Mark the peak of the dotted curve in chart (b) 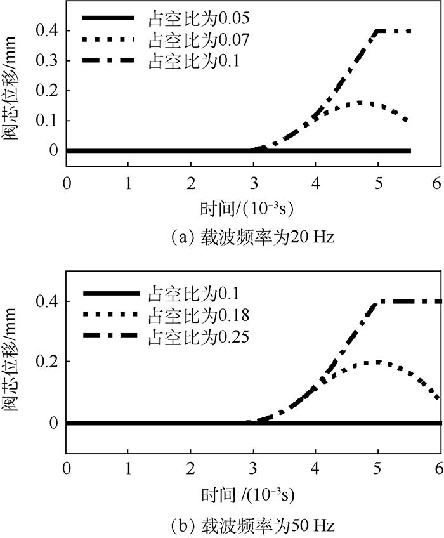coord(378,362)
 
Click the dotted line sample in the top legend coord(108,39)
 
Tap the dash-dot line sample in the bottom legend coord(108,336)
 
